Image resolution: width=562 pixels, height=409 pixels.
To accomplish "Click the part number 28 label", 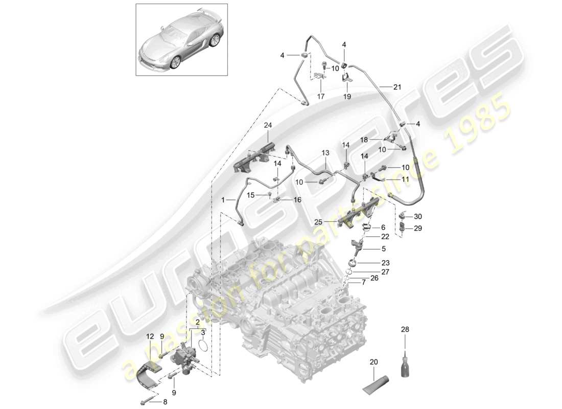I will click(x=405, y=330).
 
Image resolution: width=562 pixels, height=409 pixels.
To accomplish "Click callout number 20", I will click(x=373, y=362).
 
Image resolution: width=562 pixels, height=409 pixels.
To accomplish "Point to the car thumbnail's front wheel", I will click(x=175, y=61).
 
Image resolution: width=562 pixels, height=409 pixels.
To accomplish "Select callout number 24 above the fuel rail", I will click(x=269, y=125).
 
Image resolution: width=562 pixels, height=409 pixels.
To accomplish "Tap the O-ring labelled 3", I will click(x=202, y=346).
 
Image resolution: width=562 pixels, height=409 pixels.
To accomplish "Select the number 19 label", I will click(x=347, y=96).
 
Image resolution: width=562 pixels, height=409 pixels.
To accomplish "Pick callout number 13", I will click(x=325, y=152).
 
